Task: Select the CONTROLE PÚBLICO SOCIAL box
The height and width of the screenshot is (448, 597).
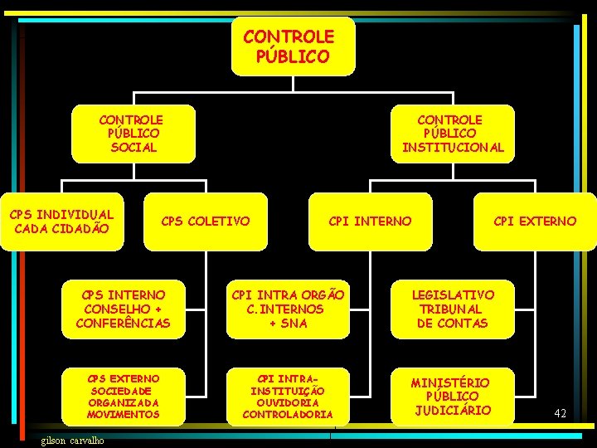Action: (x=133, y=134)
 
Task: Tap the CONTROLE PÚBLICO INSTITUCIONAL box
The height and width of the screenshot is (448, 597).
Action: (x=453, y=134)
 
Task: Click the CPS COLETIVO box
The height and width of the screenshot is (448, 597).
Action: (x=205, y=222)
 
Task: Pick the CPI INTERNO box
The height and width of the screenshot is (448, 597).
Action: (x=370, y=222)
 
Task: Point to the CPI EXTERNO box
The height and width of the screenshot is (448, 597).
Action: (x=535, y=222)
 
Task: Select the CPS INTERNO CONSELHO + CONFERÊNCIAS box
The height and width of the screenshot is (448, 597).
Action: (x=124, y=309)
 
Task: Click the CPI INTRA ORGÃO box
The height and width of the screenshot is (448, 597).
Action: (x=288, y=309)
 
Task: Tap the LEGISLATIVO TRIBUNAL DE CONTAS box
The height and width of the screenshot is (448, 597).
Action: (x=453, y=309)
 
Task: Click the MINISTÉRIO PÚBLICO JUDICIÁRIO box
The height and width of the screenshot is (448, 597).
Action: (x=453, y=396)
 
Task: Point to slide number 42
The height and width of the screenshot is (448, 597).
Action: (x=561, y=412)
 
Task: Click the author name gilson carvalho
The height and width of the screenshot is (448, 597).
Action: (x=73, y=440)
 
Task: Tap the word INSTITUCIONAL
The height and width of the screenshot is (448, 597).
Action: (x=453, y=148)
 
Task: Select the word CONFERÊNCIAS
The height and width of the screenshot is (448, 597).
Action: (x=124, y=323)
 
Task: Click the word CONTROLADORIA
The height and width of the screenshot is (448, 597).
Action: (x=288, y=414)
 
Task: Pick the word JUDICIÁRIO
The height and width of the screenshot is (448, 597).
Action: (x=453, y=410)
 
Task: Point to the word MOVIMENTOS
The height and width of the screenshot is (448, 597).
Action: (x=124, y=414)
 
